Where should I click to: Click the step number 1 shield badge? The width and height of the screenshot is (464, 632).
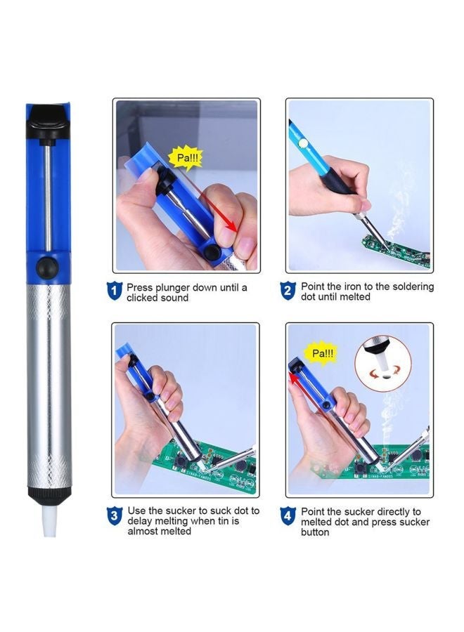click(x=114, y=291)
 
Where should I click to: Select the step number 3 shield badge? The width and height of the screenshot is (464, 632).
click(x=114, y=516)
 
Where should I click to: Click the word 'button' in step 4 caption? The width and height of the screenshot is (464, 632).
click(x=316, y=532)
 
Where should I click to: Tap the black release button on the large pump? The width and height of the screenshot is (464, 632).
click(x=49, y=268)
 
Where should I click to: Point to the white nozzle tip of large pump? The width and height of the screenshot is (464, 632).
click(x=49, y=524)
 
